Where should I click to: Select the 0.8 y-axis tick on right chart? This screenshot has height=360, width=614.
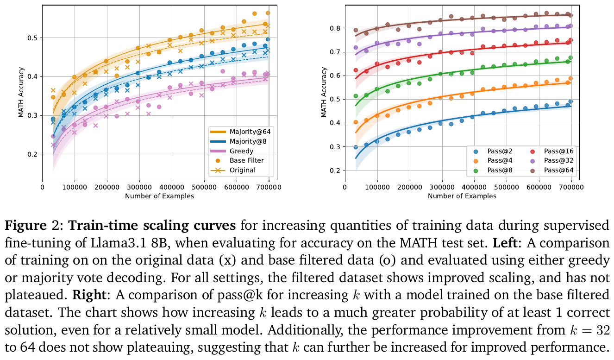coord(336,28)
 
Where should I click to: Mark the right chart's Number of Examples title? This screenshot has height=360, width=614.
coord(462,196)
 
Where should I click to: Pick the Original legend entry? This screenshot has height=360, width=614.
coord(242,170)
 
